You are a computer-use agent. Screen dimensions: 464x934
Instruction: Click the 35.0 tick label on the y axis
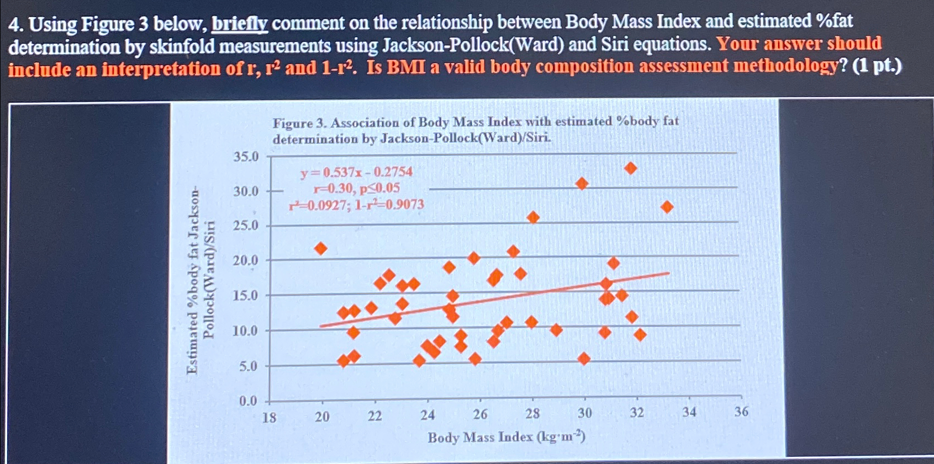click(246, 157)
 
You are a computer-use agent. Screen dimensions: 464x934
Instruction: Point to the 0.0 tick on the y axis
click(248, 401)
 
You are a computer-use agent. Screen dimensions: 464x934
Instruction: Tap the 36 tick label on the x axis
click(741, 411)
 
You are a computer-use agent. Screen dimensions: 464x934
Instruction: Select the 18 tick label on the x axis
click(269, 417)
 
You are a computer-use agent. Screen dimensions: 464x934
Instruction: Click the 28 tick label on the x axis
click(532, 413)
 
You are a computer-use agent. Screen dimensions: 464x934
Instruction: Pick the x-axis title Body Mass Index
click(506, 437)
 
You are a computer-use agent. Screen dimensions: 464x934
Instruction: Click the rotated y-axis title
click(199, 281)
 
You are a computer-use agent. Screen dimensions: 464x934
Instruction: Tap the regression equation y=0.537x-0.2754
click(356, 173)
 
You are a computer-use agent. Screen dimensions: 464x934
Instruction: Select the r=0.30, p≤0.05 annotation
click(356, 188)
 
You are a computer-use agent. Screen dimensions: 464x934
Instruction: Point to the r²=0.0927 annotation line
click(356, 205)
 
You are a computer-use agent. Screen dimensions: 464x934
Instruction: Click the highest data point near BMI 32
click(630, 168)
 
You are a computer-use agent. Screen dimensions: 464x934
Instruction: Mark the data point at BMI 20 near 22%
click(320, 248)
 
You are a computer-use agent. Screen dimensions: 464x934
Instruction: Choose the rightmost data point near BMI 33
click(667, 207)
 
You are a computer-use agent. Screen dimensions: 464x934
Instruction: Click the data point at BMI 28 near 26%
click(532, 217)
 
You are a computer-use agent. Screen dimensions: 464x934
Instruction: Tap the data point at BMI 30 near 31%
click(582, 183)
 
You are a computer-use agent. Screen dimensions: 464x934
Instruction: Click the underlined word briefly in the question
click(240, 24)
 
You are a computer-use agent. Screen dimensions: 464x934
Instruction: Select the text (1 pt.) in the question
click(877, 66)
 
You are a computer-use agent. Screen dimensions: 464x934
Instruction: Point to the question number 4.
click(15, 25)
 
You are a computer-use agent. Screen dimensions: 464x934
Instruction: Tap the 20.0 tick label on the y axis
click(245, 260)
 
